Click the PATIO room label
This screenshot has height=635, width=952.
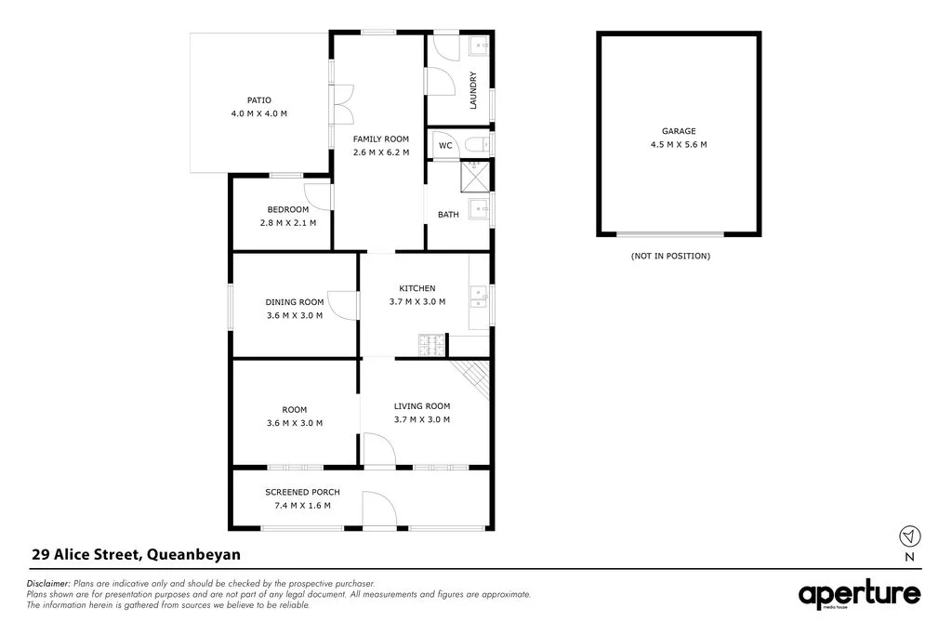(259, 100)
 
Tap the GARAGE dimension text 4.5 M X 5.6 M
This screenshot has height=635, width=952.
(679, 144)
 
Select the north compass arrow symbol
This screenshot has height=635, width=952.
(909, 536)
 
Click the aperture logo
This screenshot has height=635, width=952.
(859, 595)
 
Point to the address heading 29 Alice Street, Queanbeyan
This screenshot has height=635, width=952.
(136, 555)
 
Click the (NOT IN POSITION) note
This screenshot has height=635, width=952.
(669, 256)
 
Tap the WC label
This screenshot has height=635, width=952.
(445, 145)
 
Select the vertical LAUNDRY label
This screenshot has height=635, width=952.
(473, 90)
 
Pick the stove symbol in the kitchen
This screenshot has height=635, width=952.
(432, 346)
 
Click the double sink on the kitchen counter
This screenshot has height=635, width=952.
(479, 297)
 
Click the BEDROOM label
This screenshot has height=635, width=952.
(288, 209)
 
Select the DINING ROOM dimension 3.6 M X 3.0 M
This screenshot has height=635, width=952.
(295, 315)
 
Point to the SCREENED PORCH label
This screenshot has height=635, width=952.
(302, 492)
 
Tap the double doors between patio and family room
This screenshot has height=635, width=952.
(341, 104)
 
